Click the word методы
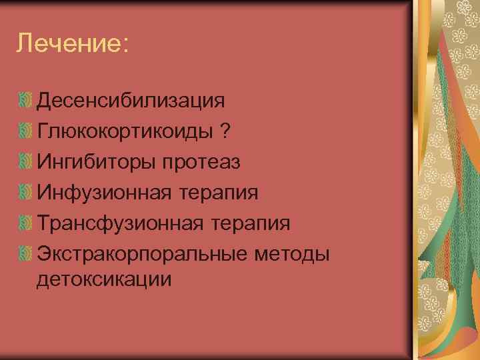click(292, 254)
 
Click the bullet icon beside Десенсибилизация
click(25, 101)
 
